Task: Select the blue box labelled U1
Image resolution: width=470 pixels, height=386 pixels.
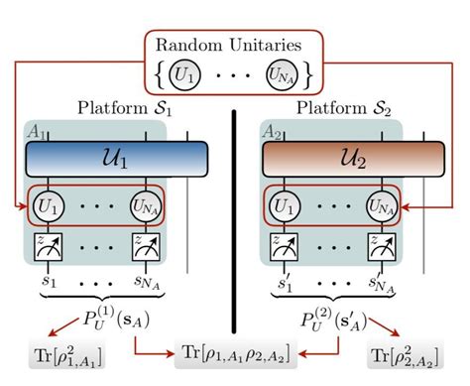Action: point(115,159)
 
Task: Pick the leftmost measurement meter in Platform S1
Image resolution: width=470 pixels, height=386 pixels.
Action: point(48,250)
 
